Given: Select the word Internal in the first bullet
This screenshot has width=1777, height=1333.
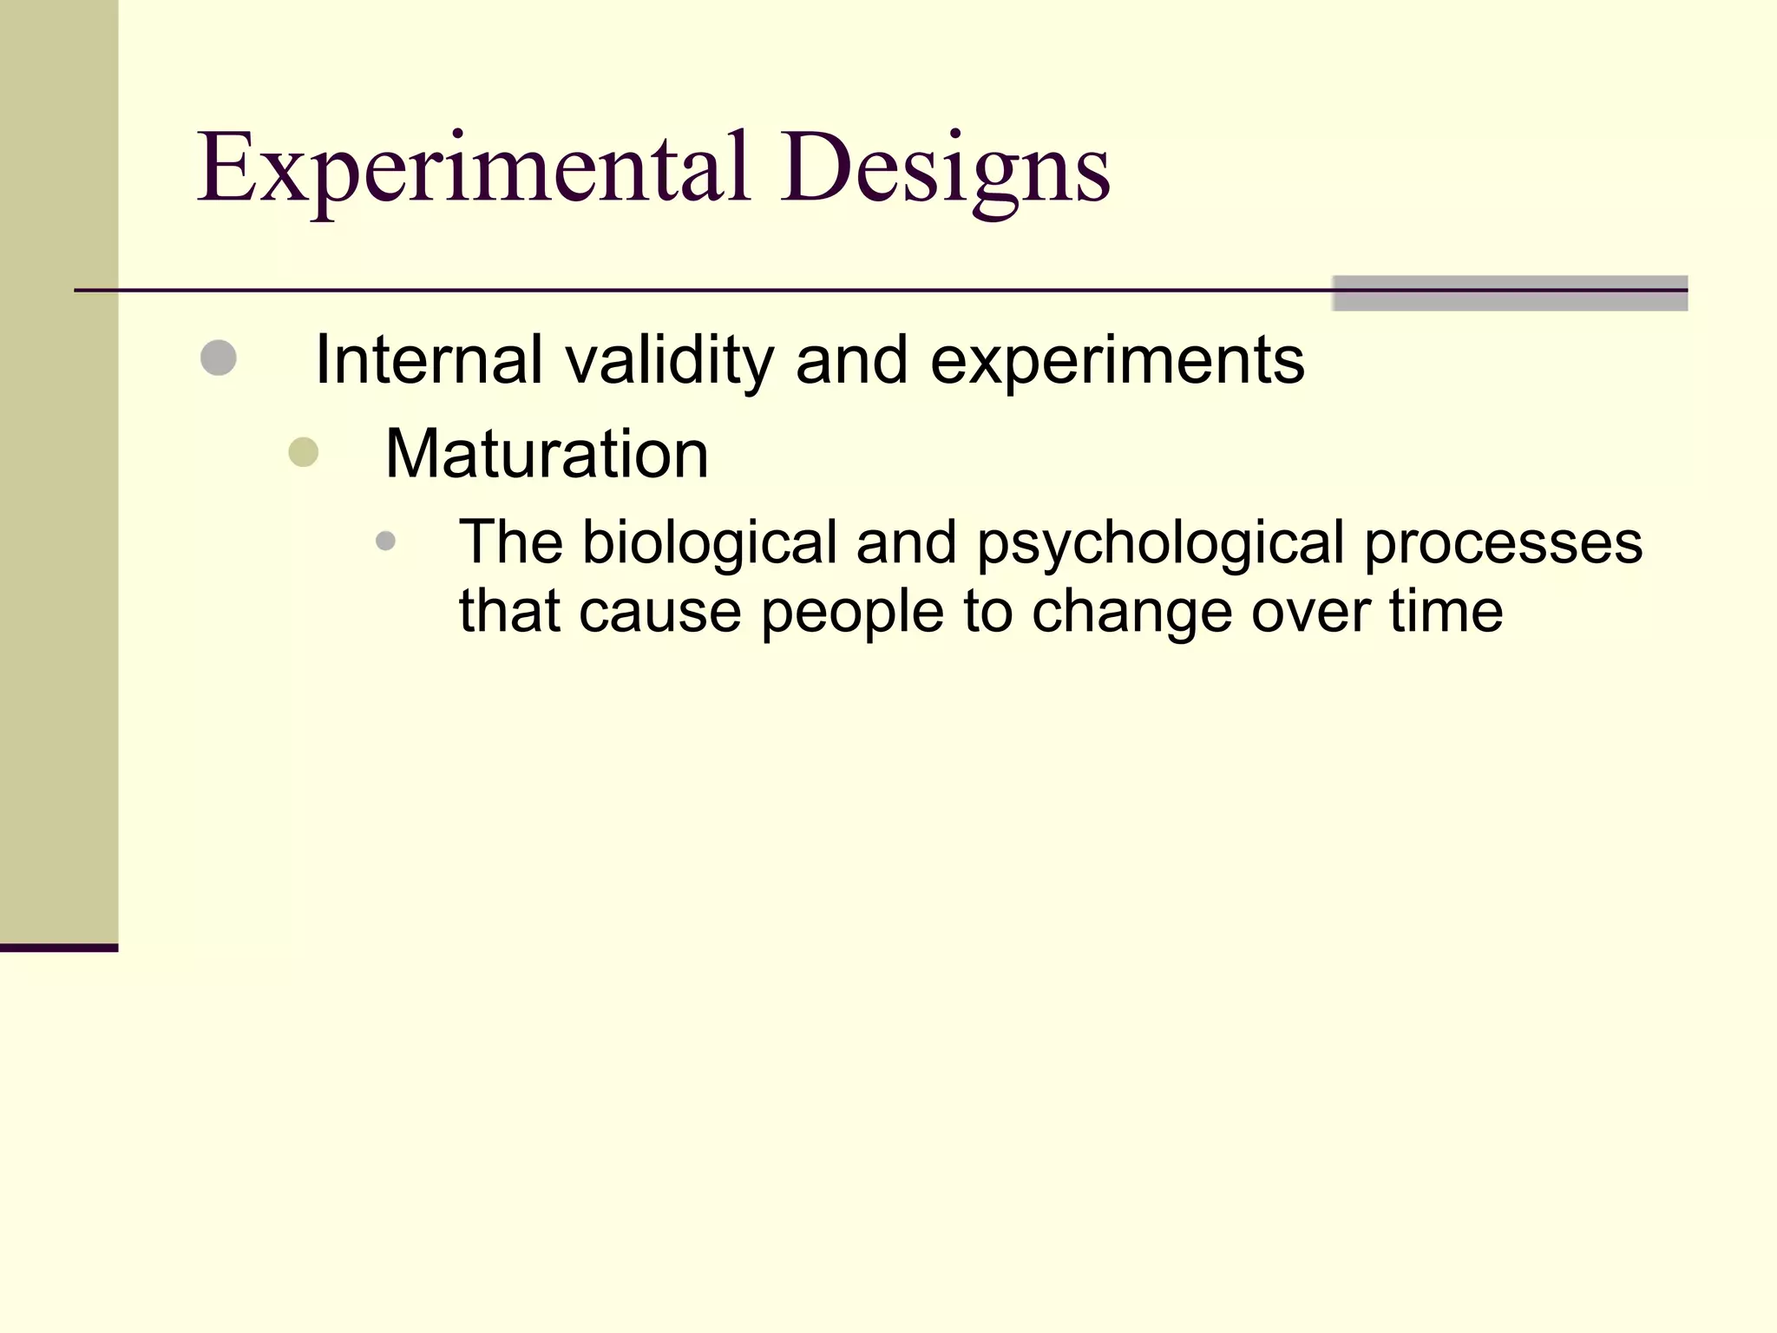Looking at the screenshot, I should pyautogui.click(x=429, y=359).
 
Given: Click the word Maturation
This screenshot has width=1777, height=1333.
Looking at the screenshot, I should pyautogui.click(x=547, y=454).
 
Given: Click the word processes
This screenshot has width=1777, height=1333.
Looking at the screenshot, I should pyautogui.click(x=1503, y=542).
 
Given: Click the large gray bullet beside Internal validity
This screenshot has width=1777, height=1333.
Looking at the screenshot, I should pyautogui.click(x=218, y=358).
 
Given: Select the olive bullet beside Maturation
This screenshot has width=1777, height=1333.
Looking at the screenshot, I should pyautogui.click(x=303, y=452).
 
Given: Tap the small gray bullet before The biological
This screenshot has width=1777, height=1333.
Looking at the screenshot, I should pyautogui.click(x=385, y=542).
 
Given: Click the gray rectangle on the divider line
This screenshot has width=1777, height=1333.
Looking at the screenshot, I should pyautogui.click(x=1509, y=293).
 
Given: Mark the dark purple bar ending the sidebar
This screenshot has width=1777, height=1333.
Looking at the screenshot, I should pyautogui.click(x=58, y=948).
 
